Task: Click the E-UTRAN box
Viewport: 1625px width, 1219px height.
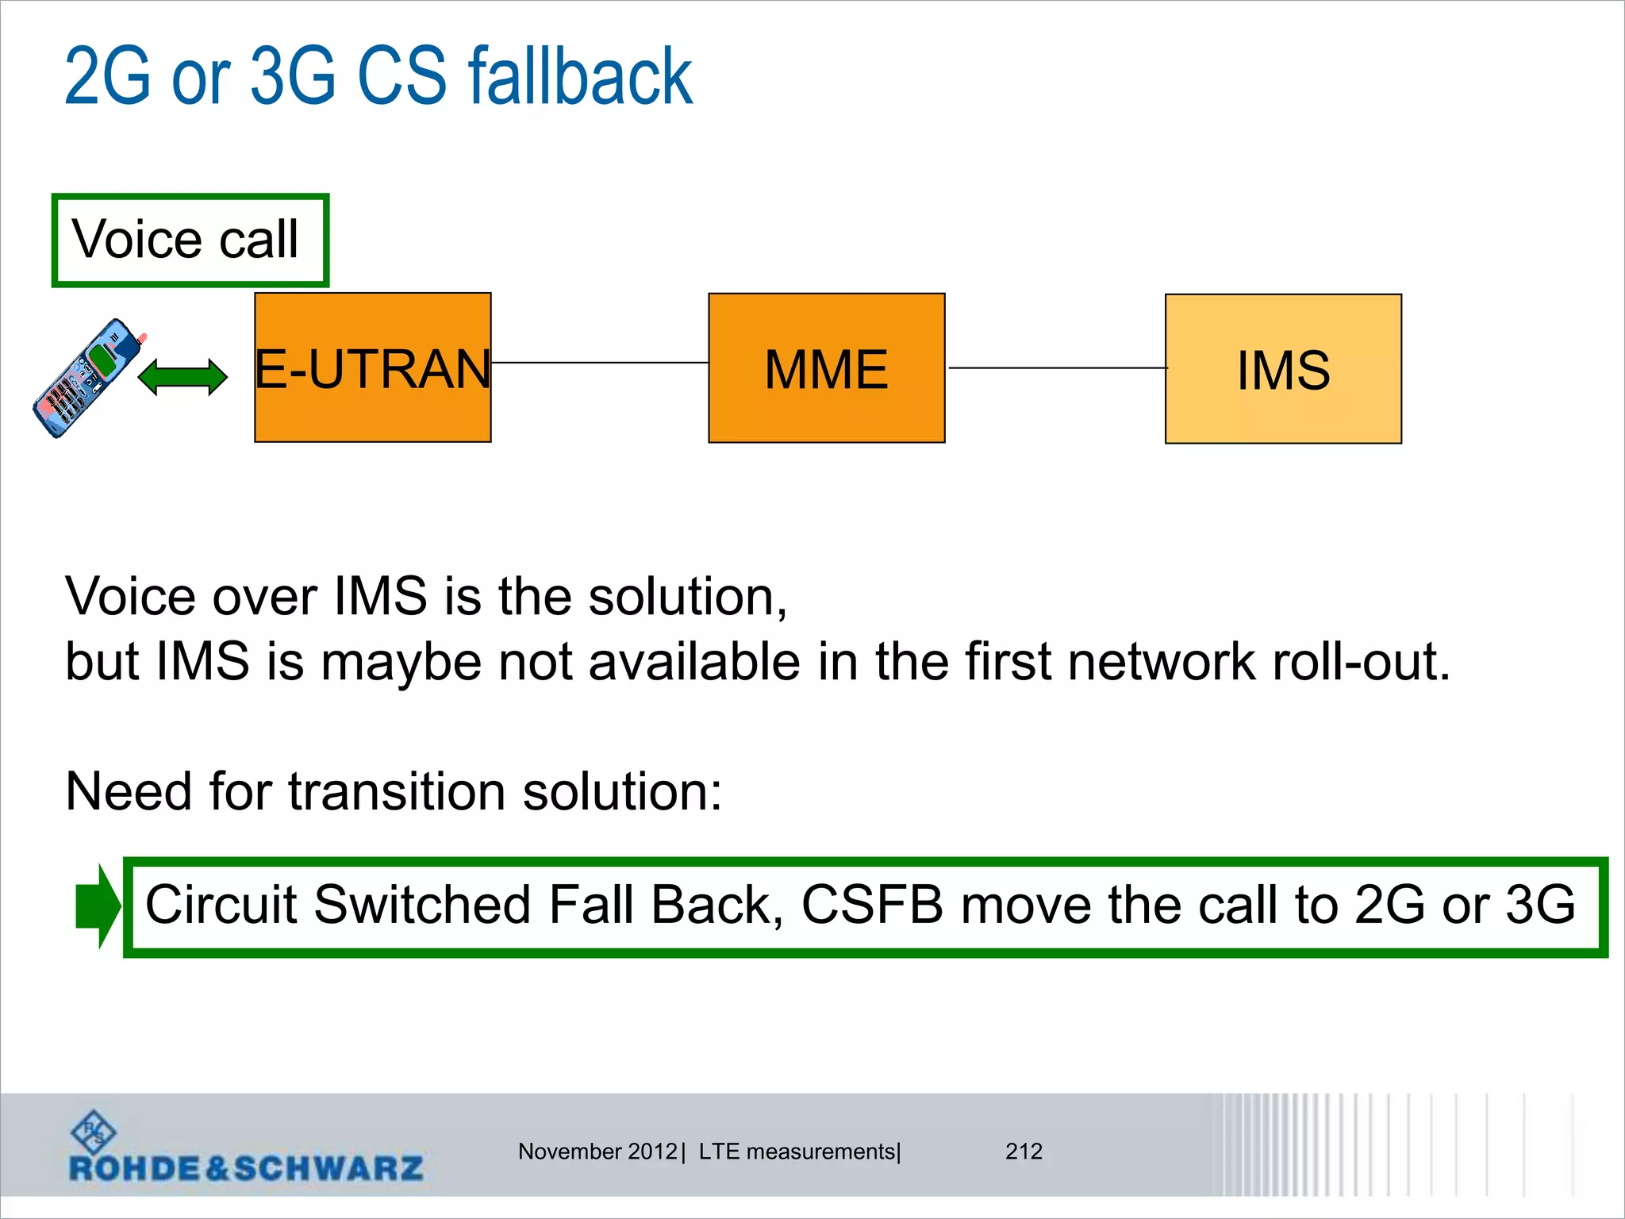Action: pyautogui.click(x=372, y=367)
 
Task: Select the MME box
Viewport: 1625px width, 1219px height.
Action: pyautogui.click(x=826, y=368)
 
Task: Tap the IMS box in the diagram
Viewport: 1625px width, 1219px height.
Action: pyautogui.click(x=1283, y=369)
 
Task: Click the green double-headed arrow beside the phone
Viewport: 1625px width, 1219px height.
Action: pyautogui.click(x=182, y=377)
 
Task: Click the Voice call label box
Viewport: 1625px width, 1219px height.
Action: pyautogui.click(x=190, y=240)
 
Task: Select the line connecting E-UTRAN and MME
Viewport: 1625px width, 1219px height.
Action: pyautogui.click(x=599, y=363)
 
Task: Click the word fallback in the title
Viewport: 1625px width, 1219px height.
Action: pyautogui.click(x=580, y=77)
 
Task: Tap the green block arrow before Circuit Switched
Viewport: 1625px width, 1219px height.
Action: pyautogui.click(x=98, y=906)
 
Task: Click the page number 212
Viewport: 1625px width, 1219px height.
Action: pyautogui.click(x=1024, y=1152)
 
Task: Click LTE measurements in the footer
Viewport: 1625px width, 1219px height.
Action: pyautogui.click(x=797, y=1152)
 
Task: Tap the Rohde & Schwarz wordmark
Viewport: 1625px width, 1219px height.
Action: pyautogui.click(x=246, y=1168)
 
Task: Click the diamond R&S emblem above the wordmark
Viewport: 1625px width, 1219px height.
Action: pyautogui.click(x=94, y=1131)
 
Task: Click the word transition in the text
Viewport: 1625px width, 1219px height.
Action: pyautogui.click(x=397, y=792)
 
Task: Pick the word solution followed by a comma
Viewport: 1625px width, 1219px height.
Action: pyautogui.click(x=687, y=597)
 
